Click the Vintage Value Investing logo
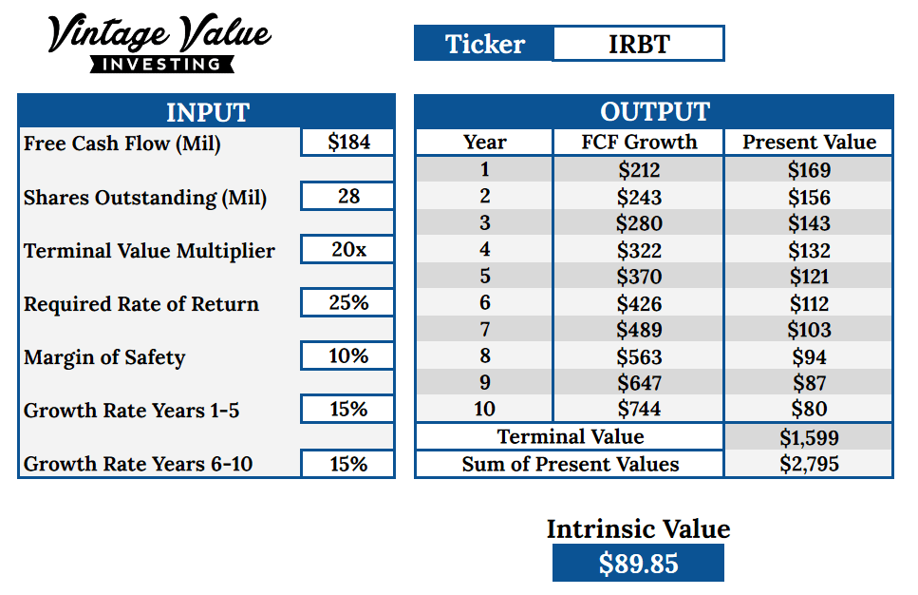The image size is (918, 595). click(x=159, y=43)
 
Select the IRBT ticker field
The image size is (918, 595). click(x=638, y=44)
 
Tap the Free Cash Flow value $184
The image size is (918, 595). click(x=347, y=142)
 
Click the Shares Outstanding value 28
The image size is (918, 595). click(x=347, y=196)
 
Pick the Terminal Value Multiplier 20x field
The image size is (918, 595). click(x=347, y=249)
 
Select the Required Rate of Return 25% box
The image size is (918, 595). click(x=347, y=302)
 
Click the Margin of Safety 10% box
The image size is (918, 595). click(x=347, y=355)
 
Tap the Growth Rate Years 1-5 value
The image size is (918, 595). click(x=347, y=409)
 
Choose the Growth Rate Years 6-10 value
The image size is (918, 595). click(x=347, y=464)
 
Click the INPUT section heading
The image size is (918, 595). click(x=208, y=112)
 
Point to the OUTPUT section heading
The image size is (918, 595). click(x=655, y=111)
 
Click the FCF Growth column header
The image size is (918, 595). click(x=639, y=142)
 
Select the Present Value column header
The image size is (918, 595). click(x=809, y=142)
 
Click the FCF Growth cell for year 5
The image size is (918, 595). click(x=639, y=276)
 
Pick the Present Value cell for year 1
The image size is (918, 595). click(x=809, y=169)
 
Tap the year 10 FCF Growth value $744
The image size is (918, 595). click(x=639, y=408)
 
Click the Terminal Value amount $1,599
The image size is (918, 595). click(x=809, y=437)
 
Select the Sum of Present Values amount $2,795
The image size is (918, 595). click(x=809, y=464)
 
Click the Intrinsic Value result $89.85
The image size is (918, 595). click(x=638, y=563)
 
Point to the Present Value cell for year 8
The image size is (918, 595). click(x=809, y=356)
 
